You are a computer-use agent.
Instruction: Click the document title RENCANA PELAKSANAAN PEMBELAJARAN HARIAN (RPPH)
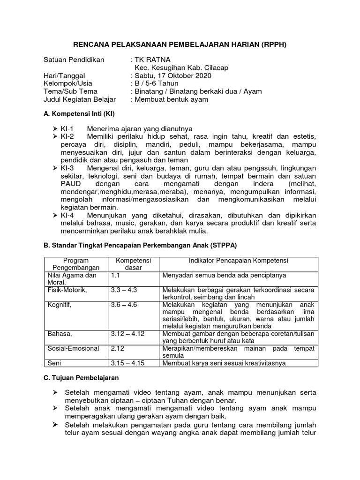180,45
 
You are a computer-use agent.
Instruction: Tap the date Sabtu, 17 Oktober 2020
173,75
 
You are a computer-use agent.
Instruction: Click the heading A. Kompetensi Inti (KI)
79,114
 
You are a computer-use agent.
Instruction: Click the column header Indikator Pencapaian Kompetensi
238,261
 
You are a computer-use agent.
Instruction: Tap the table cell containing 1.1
116,276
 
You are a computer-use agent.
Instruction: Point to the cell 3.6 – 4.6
124,305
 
